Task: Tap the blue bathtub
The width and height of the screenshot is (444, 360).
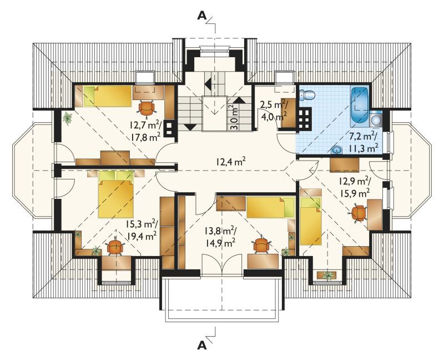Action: pos(359,107)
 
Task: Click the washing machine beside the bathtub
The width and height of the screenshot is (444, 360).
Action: pos(376,119)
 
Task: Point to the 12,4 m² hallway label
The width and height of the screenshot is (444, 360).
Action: pos(230,162)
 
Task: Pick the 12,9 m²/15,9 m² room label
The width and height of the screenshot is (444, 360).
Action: pos(355,187)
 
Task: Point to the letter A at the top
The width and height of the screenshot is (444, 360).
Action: pos(201,16)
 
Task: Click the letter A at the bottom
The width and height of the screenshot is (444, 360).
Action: pos(201,345)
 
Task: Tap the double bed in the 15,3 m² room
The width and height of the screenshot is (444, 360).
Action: pos(116,194)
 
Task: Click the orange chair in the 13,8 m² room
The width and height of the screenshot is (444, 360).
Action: pos(261,245)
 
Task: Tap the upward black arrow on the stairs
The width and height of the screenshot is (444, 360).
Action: pos(239,100)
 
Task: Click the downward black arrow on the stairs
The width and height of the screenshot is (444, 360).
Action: pos(189,127)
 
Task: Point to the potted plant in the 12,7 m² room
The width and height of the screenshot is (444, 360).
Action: pos(68,118)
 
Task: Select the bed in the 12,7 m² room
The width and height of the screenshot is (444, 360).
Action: pos(108,96)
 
